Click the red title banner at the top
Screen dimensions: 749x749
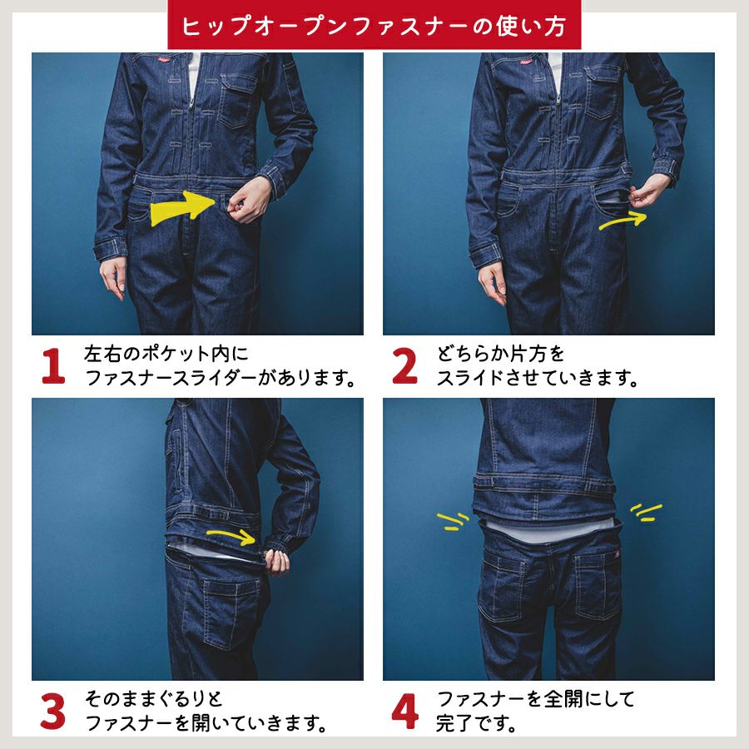tap(374, 24)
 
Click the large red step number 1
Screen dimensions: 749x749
tap(53, 366)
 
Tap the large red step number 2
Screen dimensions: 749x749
tap(404, 366)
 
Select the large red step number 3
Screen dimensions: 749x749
tap(52, 712)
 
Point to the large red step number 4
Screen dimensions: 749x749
tap(405, 712)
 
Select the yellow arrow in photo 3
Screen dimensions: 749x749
tap(231, 535)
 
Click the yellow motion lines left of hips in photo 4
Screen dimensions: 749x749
tap(454, 521)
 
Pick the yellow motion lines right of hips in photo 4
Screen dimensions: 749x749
tap(647, 512)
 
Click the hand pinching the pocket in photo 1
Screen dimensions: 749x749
tap(248, 201)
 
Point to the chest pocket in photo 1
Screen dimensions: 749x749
tap(236, 102)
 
